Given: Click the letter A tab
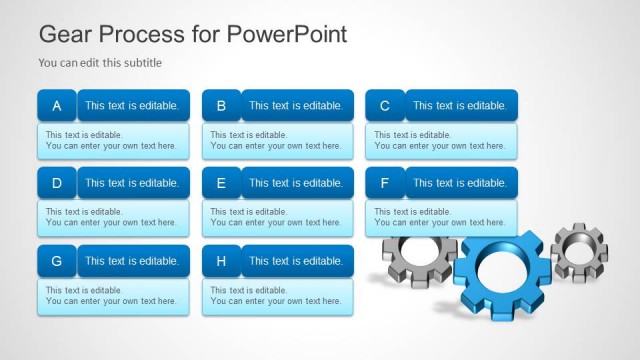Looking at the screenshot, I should (x=57, y=105).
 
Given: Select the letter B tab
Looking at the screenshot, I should (x=221, y=105).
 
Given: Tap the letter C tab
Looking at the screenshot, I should (x=385, y=105).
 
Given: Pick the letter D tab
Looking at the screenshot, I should (x=57, y=183).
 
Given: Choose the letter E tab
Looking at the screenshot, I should (x=221, y=183).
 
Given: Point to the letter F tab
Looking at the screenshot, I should (x=385, y=183).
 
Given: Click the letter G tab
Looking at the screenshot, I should (x=57, y=261).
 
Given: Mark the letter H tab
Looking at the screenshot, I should (x=221, y=261).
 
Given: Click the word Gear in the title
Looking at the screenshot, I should (x=62, y=34).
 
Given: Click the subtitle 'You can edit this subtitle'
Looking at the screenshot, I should (x=100, y=63).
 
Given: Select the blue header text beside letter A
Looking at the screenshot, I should (x=132, y=105).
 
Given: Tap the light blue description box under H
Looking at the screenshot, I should (x=277, y=296).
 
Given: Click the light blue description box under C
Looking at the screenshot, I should (x=441, y=140).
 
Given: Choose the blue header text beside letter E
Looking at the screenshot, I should (x=296, y=183).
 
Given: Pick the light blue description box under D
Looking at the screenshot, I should (x=113, y=218).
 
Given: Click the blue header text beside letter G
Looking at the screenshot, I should (x=132, y=261).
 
